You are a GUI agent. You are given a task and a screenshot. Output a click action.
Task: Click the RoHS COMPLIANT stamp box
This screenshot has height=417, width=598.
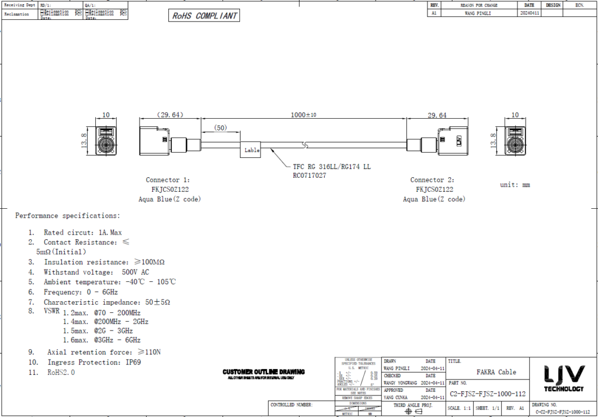204,16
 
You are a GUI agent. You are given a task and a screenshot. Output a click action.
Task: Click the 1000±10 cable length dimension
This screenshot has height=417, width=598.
303,115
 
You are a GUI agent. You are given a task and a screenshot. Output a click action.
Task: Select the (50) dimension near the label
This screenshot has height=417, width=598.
221,128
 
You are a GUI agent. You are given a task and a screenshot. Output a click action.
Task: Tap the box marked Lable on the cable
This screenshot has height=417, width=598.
252,150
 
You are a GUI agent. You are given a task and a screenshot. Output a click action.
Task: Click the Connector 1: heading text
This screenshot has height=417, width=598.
168,180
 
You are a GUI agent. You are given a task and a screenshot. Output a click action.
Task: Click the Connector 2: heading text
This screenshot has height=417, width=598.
432,180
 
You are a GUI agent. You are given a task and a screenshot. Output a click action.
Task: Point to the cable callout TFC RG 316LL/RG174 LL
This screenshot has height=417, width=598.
331,167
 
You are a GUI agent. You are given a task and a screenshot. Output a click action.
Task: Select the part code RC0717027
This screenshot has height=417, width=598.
310,175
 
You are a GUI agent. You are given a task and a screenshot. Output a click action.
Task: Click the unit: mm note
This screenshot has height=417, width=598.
514,185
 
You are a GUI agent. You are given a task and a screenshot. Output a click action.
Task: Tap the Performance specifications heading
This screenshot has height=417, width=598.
68,216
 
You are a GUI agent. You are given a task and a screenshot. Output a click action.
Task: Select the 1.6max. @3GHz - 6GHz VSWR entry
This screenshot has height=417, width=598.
102,340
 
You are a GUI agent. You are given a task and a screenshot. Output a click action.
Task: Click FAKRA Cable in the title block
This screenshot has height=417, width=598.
496,372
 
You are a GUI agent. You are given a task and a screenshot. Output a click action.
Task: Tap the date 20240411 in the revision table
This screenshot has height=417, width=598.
529,12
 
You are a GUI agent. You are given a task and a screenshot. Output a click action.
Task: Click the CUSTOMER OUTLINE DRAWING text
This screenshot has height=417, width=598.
263,372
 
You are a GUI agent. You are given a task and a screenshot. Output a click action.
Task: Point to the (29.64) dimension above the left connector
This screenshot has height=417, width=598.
170,115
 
